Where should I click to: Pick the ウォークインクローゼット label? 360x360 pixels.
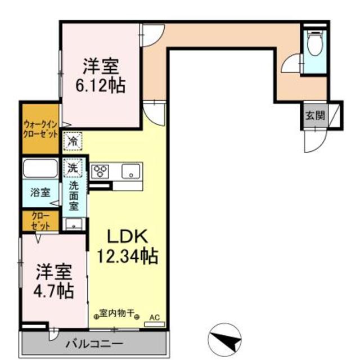click(x=40, y=130)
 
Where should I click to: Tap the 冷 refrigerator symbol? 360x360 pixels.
click(x=73, y=140)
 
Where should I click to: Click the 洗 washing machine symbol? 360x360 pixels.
click(x=73, y=167)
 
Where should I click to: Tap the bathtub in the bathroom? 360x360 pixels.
click(x=40, y=169)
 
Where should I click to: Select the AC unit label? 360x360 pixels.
click(x=155, y=318)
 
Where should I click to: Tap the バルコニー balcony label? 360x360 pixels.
click(x=94, y=343)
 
